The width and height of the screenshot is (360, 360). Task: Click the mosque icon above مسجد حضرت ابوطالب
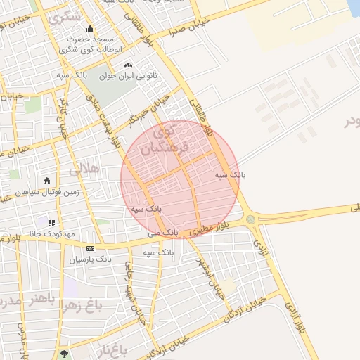tap(89, 29)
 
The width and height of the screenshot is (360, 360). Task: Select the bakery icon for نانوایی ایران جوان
tap(127, 65)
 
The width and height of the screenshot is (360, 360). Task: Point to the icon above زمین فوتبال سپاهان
tap(46, 180)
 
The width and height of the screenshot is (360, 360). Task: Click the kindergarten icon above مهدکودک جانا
tap(51, 223)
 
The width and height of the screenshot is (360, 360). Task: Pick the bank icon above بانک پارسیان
tap(90, 248)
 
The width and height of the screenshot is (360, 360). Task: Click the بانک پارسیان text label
tap(90, 259)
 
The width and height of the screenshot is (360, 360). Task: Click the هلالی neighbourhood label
tap(84, 170)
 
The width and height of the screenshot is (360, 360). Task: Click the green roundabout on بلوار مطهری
tap(251, 219)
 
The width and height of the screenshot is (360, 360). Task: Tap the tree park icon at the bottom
tap(65, 353)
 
